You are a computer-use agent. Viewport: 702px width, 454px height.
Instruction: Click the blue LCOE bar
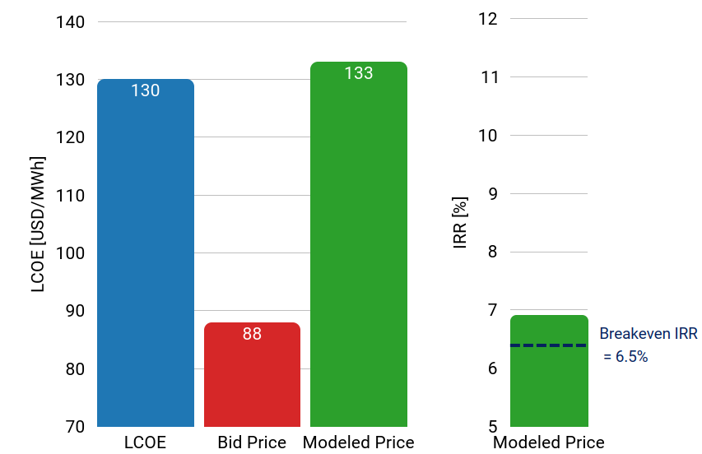tap(146, 255)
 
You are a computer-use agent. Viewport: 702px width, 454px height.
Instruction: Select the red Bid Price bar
tap(252, 378)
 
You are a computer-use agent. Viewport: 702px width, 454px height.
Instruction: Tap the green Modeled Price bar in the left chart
tap(359, 247)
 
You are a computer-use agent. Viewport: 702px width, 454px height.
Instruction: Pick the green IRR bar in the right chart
tap(549, 387)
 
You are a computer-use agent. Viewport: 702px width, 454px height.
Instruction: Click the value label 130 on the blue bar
tap(146, 90)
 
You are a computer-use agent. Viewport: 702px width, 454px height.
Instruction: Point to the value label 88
tap(252, 334)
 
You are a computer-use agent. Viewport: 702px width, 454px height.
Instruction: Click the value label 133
tap(359, 73)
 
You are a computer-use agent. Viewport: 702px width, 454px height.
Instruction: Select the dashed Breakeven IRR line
tap(549, 345)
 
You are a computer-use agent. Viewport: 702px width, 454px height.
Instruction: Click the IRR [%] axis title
tap(461, 223)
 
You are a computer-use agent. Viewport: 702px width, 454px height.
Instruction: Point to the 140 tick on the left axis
tap(71, 22)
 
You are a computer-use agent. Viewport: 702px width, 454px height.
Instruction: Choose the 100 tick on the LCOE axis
tap(71, 253)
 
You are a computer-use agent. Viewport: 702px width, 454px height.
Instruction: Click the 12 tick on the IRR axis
tap(488, 18)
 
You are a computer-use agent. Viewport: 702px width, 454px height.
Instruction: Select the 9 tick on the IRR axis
tap(493, 194)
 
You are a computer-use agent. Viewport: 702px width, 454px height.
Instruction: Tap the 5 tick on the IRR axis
tap(493, 427)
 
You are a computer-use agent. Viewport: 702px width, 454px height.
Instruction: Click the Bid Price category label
tap(252, 442)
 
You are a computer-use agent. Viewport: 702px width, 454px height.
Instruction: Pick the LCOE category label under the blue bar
tap(145, 442)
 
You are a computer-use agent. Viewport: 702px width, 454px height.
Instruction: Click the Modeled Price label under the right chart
tap(549, 442)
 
